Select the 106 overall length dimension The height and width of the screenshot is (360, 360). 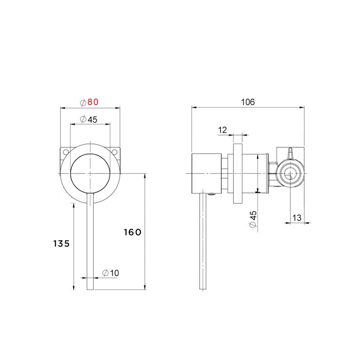pyautogui.click(x=248, y=102)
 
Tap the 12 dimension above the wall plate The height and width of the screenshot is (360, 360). pyautogui.click(x=222, y=130)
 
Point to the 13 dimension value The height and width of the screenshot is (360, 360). pyautogui.click(x=297, y=217)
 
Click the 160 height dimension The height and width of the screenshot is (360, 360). pyautogui.click(x=132, y=232)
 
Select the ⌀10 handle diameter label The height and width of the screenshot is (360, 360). pyautogui.click(x=110, y=273)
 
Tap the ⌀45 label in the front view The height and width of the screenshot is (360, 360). pyautogui.click(x=89, y=120)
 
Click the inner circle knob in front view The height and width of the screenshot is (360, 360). pyautogui.click(x=90, y=174)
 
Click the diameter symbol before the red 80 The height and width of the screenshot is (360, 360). pyautogui.click(x=83, y=102)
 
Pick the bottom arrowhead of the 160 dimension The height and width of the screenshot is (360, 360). pyautogui.click(x=145, y=288)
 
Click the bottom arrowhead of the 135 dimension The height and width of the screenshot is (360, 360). pyautogui.click(x=73, y=288)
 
